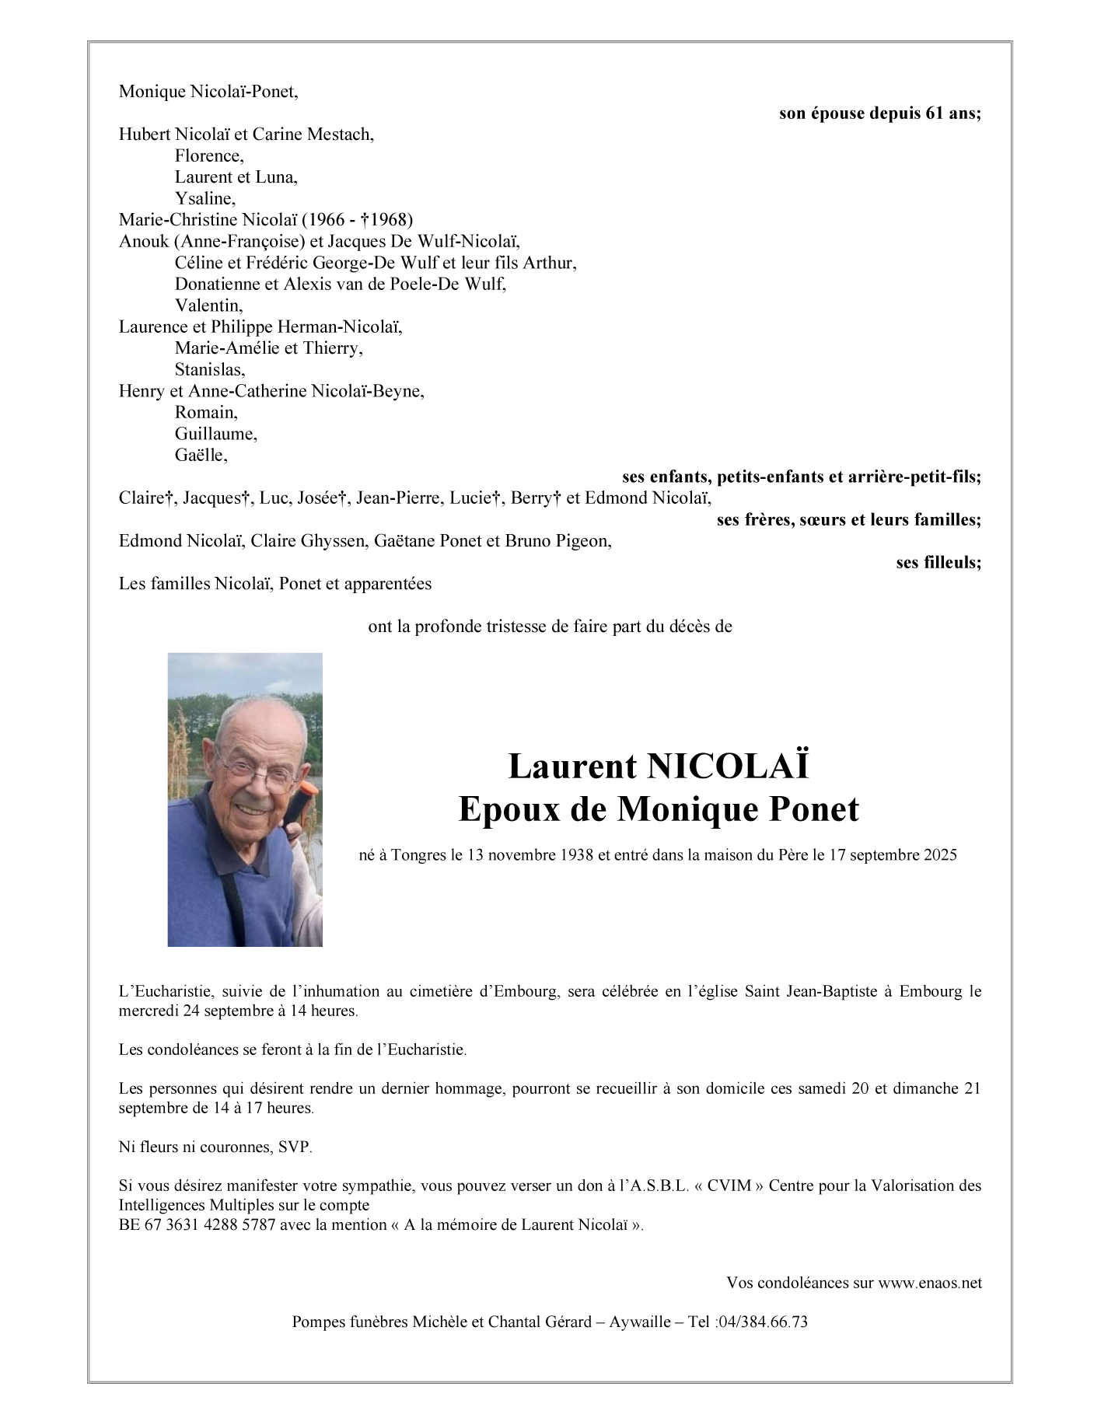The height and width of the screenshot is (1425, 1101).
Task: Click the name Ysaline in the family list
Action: point(204,198)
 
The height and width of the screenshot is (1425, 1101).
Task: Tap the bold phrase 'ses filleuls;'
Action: point(938,562)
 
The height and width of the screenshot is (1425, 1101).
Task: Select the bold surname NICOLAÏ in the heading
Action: point(727,767)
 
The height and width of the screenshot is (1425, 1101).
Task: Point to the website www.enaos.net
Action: point(930,1283)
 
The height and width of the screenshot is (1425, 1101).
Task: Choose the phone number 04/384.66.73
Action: point(761,1322)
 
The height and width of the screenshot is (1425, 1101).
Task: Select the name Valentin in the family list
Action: point(208,306)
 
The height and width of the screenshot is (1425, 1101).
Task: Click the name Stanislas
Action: point(209,369)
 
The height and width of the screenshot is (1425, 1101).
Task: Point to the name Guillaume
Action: point(215,433)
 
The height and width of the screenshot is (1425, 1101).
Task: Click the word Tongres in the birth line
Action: point(420,855)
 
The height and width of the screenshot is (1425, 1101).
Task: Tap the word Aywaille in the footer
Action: point(640,1322)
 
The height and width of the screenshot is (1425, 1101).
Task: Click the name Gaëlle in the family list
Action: point(201,455)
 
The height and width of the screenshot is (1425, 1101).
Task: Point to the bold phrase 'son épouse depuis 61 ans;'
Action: point(879,114)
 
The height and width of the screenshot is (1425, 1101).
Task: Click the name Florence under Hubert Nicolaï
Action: point(208,155)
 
